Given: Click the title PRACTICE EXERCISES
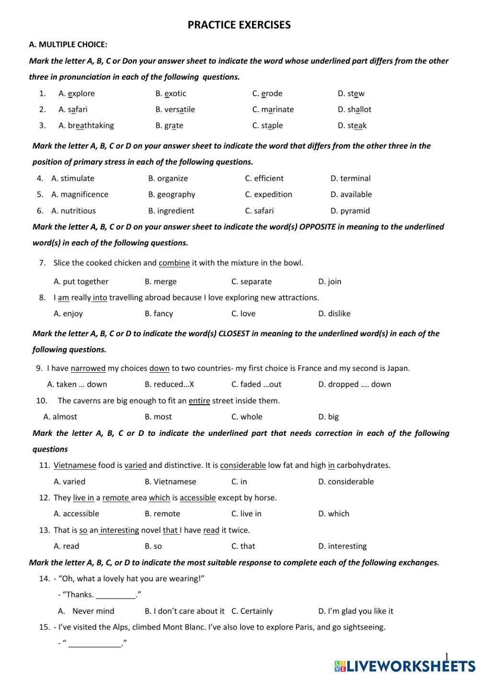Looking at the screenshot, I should (239, 25).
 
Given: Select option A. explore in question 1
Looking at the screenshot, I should (77, 93).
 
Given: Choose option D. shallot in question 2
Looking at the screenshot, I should (354, 110).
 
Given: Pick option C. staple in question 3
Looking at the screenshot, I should (267, 126).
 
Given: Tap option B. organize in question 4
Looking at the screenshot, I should (168, 178).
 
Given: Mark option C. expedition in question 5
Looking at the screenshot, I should (268, 195).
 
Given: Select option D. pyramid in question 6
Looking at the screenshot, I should (350, 211).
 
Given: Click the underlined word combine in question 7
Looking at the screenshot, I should (174, 263).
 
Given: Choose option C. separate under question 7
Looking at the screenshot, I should (251, 282).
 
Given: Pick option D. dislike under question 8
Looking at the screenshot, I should (334, 314).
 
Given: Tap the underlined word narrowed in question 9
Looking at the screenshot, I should (88, 368).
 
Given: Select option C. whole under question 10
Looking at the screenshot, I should (247, 417).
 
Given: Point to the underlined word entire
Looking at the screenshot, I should (199, 401).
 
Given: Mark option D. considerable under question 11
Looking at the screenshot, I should (346, 482).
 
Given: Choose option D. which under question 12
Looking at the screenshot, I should (334, 514).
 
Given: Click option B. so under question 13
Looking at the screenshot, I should (153, 546).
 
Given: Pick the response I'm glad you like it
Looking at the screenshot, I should (355, 611).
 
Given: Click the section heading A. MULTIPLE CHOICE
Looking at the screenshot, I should (68, 44).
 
